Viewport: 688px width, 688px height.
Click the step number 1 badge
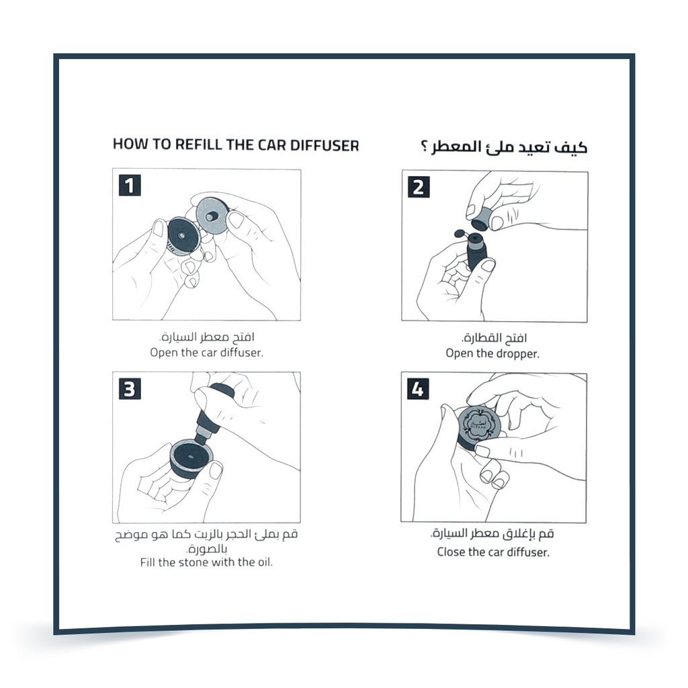130,185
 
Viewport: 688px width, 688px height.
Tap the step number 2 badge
418,186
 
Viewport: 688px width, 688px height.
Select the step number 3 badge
130,388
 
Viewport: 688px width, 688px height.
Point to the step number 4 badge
418,388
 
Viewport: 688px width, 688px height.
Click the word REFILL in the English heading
200,144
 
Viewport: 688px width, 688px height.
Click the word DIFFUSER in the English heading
325,144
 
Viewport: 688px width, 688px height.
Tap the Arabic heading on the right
499,146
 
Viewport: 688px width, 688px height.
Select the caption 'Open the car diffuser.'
206,352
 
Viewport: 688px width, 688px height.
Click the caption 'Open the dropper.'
492,353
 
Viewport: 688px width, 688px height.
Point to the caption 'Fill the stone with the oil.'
206,562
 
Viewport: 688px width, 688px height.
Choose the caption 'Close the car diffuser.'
493,552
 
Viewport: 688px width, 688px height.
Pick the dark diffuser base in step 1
181,234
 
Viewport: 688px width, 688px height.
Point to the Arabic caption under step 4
492,535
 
